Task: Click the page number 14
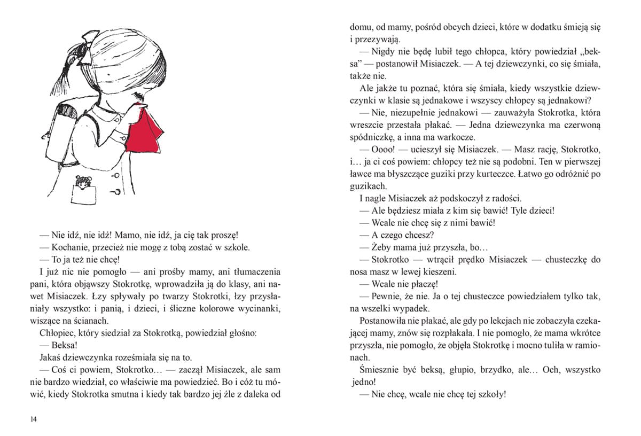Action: point(34,419)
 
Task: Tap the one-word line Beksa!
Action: point(65,345)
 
